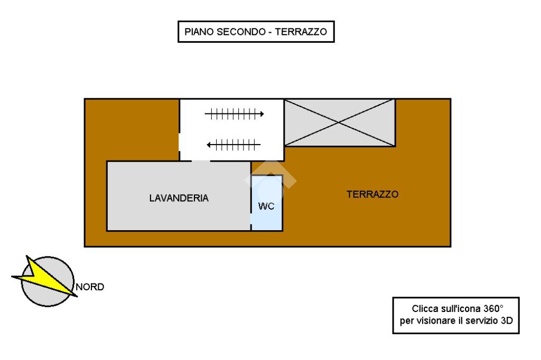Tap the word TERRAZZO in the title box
(x=301, y=32)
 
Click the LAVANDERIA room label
(x=179, y=198)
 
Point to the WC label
(x=266, y=206)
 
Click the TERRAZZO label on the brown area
(x=372, y=194)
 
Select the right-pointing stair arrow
(x=235, y=113)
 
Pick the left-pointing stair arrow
(x=234, y=144)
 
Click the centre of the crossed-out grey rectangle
(x=340, y=122)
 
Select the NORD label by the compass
(x=90, y=288)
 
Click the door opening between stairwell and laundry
(x=201, y=160)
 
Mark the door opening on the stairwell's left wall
(x=180, y=142)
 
